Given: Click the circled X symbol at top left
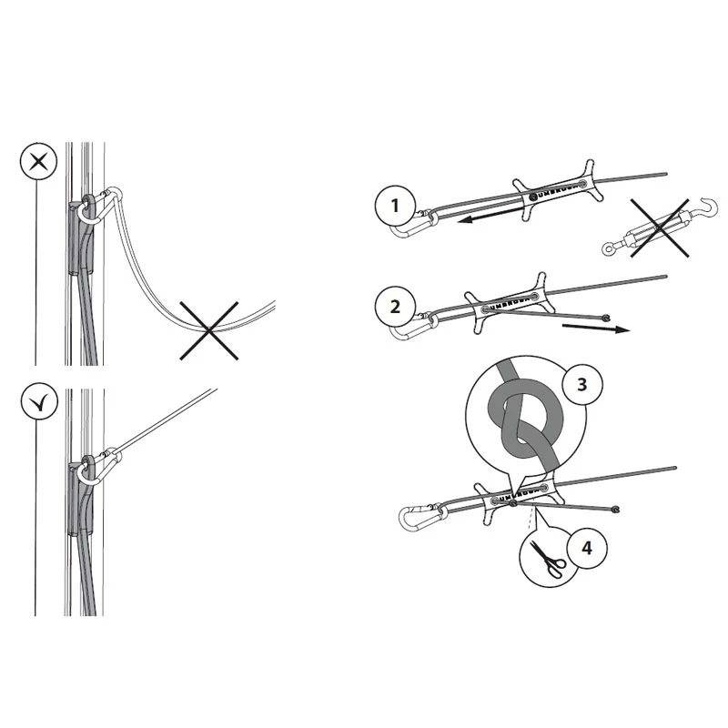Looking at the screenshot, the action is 38,162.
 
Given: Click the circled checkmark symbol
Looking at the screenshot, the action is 39,401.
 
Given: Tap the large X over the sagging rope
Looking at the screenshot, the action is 209,330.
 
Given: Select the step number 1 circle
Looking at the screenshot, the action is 395,206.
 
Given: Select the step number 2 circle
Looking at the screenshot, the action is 395,307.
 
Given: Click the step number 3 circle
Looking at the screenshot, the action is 582,384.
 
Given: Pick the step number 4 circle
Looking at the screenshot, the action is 587,548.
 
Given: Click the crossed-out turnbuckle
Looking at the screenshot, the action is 660,228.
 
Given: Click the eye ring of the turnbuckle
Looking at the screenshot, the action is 608,248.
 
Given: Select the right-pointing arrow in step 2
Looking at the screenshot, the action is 596,328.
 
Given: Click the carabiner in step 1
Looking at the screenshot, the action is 412,224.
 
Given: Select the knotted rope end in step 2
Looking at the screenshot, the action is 605,318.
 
